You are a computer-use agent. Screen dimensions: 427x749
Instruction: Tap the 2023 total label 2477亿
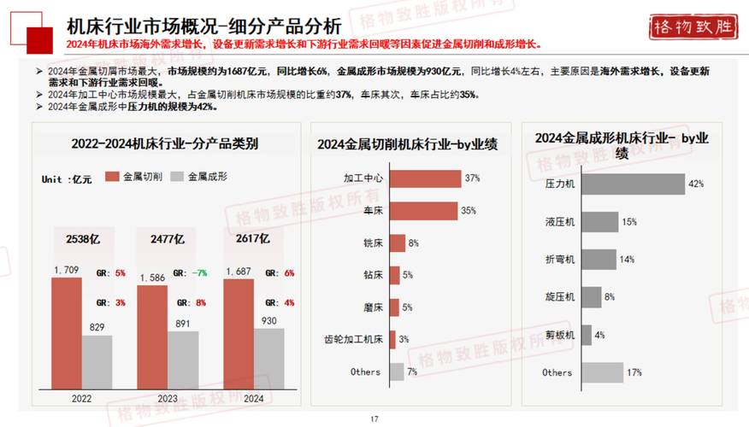(x=168, y=239)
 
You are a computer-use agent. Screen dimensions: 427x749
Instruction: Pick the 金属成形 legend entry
(x=198, y=177)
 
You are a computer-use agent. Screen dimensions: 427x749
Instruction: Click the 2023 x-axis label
(x=167, y=398)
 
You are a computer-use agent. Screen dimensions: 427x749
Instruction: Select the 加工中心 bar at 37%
(x=425, y=178)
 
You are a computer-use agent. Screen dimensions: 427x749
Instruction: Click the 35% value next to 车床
(x=469, y=211)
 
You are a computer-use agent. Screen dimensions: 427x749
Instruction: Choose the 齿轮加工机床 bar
(x=392, y=339)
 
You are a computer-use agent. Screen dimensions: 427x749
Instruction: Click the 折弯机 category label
(x=560, y=260)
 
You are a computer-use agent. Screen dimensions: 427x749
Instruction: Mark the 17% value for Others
(x=634, y=372)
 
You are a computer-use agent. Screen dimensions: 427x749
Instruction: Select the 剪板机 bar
(x=587, y=335)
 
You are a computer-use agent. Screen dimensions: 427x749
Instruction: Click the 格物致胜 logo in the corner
(x=693, y=26)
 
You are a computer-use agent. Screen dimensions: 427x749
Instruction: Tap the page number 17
(x=374, y=419)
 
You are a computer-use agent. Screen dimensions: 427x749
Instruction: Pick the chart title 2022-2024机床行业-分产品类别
(x=166, y=144)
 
